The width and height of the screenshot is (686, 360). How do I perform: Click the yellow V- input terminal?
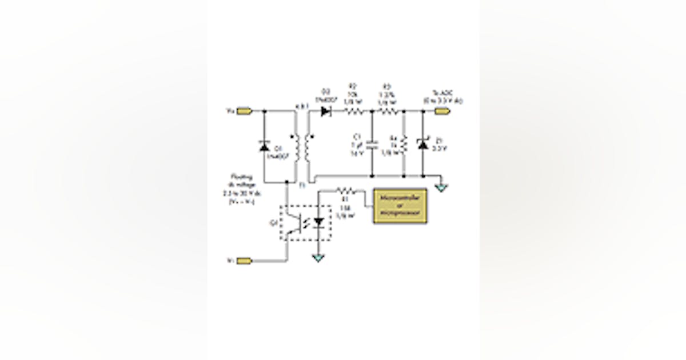click(x=244, y=261)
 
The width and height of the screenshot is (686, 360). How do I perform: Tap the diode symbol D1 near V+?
click(x=264, y=147)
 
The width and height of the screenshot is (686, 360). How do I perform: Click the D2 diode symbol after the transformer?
click(x=327, y=111)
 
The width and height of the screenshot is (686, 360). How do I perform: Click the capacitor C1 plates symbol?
click(x=372, y=145)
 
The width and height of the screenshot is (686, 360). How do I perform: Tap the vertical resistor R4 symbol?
click(x=404, y=145)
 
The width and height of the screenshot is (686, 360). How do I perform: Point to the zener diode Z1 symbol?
click(x=422, y=146)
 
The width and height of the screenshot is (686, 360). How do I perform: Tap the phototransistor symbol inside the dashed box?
click(x=296, y=223)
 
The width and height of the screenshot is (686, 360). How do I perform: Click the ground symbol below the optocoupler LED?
click(x=318, y=258)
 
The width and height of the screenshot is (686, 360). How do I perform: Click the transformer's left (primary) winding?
click(x=296, y=147)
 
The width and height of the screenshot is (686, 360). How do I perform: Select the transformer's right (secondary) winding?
click(x=308, y=147)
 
